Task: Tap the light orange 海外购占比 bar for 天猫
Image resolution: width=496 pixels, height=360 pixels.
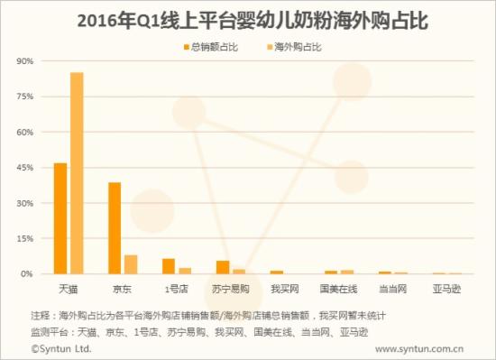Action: point(77,173)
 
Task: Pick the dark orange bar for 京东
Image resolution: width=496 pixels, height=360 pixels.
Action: point(115,227)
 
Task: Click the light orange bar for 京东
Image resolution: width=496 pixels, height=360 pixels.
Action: point(131,264)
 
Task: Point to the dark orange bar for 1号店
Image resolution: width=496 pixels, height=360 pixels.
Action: point(169,266)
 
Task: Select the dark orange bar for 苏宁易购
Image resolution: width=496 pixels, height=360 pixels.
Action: point(223,267)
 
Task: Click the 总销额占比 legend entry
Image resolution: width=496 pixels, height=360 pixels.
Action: point(214,44)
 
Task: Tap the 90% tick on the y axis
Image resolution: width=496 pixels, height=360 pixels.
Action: point(24,61)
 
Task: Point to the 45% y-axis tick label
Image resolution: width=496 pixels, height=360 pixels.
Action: point(24,168)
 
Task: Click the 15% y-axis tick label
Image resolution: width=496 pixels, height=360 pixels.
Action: point(24,238)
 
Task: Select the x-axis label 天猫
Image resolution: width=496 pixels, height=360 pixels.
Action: point(69,289)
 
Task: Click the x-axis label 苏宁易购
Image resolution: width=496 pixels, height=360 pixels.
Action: point(231,289)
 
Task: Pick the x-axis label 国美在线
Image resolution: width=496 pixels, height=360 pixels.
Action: point(339,289)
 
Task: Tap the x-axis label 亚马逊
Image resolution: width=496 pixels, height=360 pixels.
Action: point(447,289)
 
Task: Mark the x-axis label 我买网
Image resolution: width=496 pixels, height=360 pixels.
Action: point(285,289)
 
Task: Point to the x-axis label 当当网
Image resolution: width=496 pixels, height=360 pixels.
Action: point(393,289)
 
